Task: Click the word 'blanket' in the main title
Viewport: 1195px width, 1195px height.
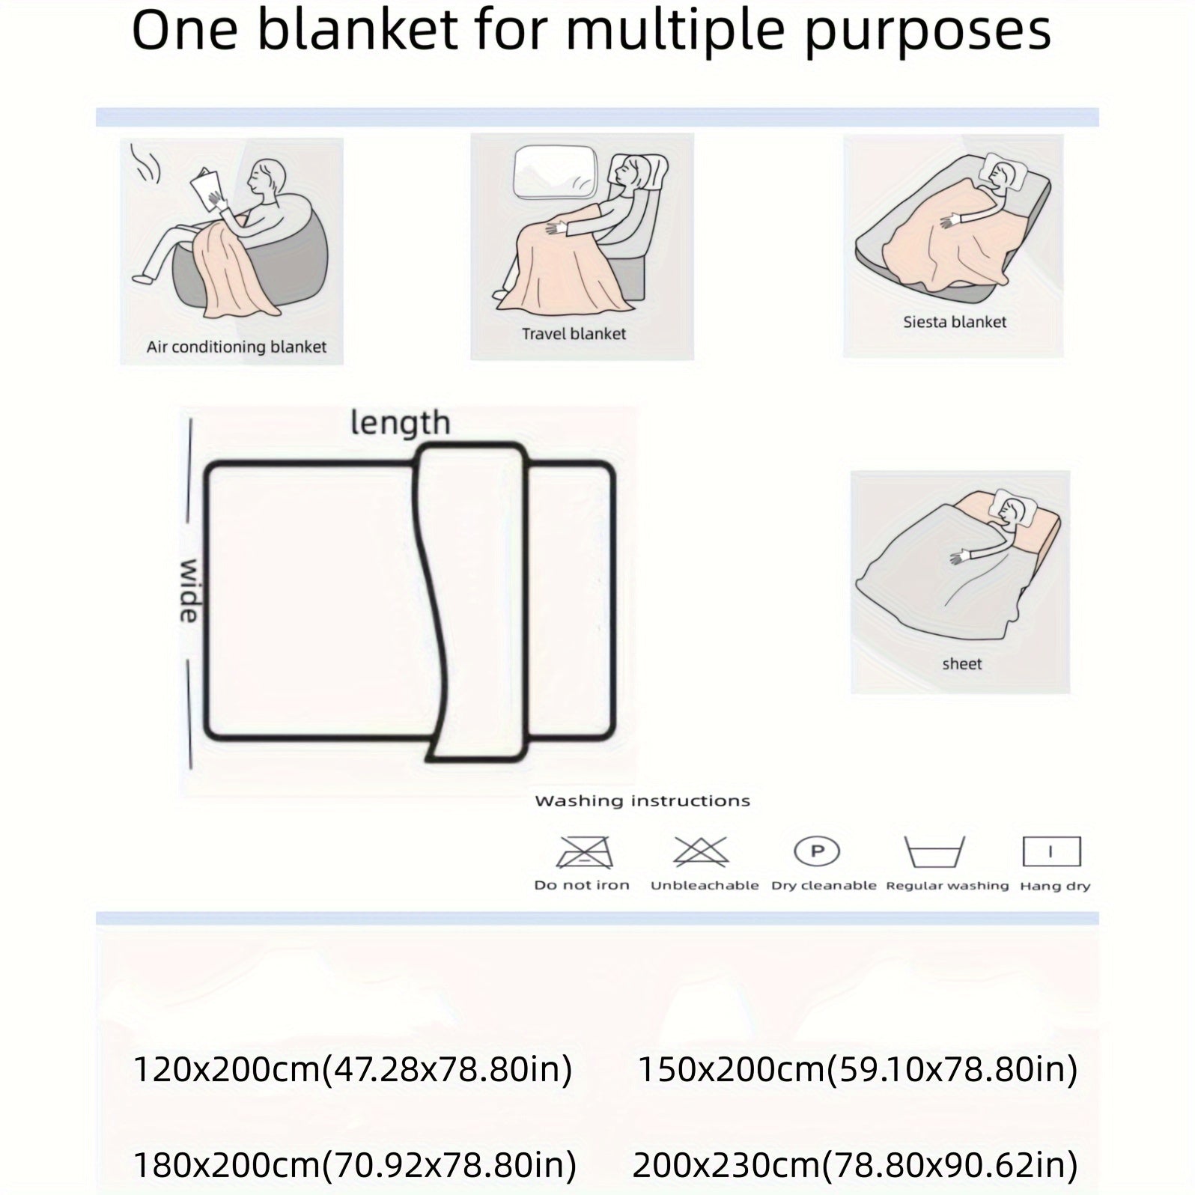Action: click(x=353, y=31)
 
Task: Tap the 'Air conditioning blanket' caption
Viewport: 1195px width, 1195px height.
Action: click(x=237, y=347)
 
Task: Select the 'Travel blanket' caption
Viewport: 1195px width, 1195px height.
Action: click(x=574, y=334)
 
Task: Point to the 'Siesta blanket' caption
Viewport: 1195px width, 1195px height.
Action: click(x=955, y=322)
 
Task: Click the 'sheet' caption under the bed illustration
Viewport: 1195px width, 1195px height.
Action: click(x=961, y=663)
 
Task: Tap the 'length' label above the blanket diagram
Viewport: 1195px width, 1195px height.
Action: click(x=401, y=424)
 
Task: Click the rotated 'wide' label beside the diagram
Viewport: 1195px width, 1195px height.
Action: click(x=188, y=592)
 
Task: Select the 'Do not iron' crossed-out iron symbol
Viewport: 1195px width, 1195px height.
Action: click(x=585, y=852)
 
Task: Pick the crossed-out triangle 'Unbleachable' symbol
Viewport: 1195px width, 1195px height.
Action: click(x=701, y=852)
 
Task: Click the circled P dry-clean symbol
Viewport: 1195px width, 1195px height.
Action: click(x=817, y=851)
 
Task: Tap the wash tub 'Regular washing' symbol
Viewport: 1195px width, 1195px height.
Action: click(x=933, y=852)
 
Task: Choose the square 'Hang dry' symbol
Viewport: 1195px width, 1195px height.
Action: click(x=1051, y=851)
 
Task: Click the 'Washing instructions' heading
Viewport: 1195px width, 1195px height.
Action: click(x=642, y=801)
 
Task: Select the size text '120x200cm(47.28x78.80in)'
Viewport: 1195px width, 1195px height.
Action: click(x=353, y=1069)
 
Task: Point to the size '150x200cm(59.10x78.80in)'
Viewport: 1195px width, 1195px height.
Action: click(x=857, y=1069)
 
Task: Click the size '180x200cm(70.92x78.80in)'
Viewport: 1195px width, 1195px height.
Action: click(x=355, y=1165)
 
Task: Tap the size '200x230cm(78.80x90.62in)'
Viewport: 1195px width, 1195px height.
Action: click(x=855, y=1165)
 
